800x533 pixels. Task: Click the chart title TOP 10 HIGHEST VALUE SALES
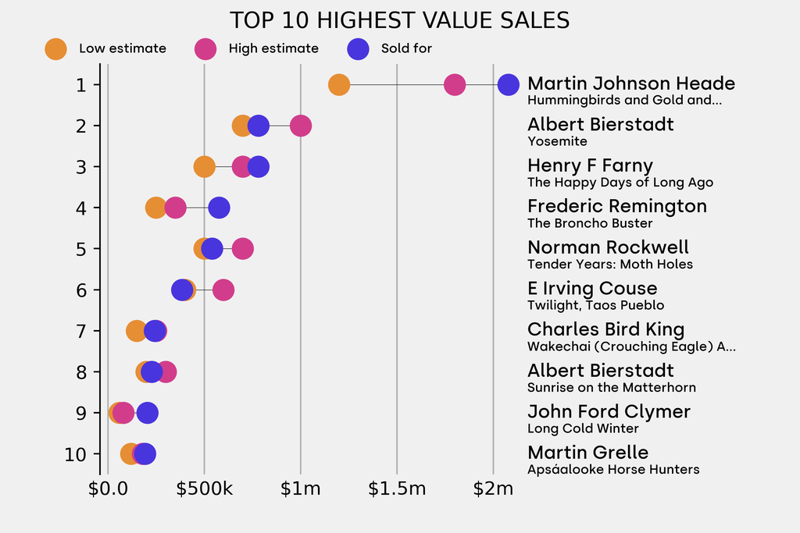(399, 20)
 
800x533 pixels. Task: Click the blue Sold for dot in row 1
(509, 84)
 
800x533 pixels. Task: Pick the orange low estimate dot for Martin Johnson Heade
(338, 84)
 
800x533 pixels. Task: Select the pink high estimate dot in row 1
(455, 84)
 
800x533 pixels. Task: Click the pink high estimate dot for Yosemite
(301, 126)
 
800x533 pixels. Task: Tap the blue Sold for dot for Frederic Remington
(219, 208)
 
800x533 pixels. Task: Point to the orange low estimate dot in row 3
(204, 167)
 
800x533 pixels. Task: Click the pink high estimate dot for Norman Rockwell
(243, 249)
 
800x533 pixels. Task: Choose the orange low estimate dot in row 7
(136, 331)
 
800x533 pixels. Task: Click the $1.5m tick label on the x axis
(397, 489)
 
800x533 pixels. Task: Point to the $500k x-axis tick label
(204, 489)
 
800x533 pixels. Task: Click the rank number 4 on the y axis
(82, 208)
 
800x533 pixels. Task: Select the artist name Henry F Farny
(590, 165)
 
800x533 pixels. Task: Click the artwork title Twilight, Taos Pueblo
(595, 305)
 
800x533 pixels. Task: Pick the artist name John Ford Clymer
(609, 411)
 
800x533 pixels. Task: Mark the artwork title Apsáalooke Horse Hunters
(613, 470)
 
